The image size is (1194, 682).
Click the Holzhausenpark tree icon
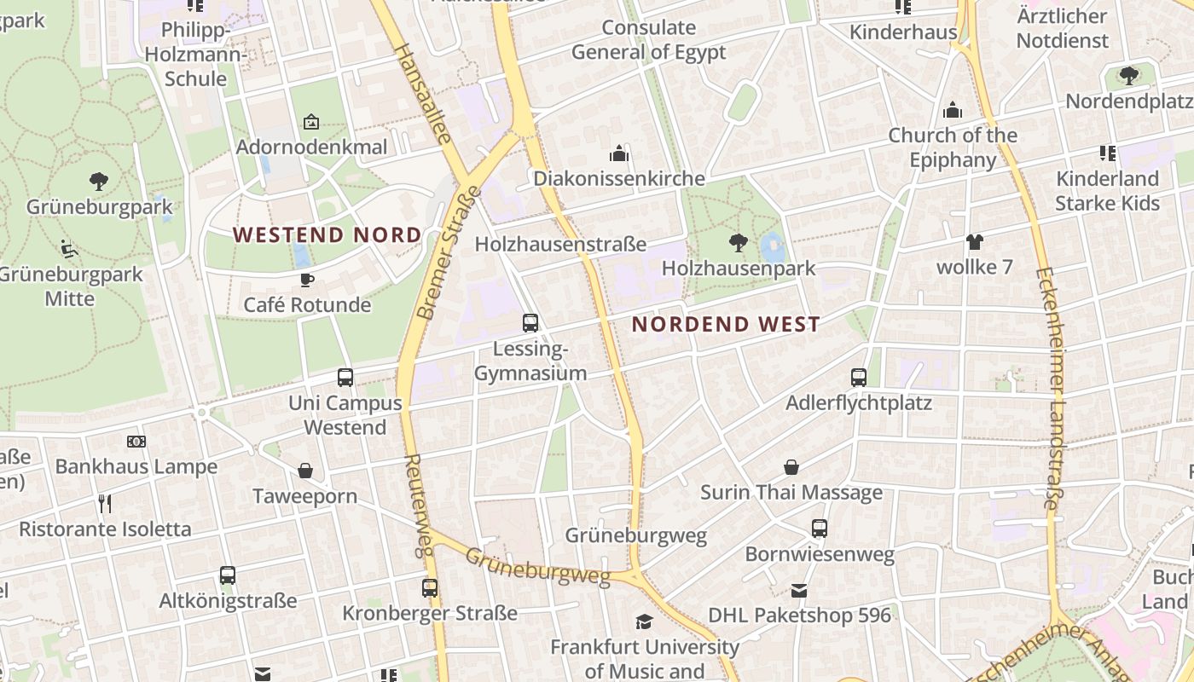tap(739, 243)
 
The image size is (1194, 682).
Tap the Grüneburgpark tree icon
tap(99, 181)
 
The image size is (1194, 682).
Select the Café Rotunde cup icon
tap(307, 280)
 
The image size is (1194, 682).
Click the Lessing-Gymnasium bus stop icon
tap(530, 323)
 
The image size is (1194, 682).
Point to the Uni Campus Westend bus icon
tap(345, 377)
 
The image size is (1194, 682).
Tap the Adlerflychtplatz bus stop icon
tap(859, 377)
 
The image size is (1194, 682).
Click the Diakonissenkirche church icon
tap(619, 153)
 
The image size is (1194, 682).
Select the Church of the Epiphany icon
tap(953, 110)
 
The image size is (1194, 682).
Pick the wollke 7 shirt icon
tap(975, 242)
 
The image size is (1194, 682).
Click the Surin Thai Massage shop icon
tap(791, 467)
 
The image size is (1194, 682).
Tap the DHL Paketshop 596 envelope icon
tap(799, 590)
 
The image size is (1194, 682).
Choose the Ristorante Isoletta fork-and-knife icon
tap(105, 504)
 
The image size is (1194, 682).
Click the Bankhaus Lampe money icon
tap(136, 442)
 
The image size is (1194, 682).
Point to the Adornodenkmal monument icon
tap(311, 122)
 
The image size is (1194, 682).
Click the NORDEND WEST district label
tap(726, 324)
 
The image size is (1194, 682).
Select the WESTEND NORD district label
tap(327, 234)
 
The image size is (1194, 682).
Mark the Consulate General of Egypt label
tap(649, 40)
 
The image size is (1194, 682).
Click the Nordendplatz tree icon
tap(1129, 75)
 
